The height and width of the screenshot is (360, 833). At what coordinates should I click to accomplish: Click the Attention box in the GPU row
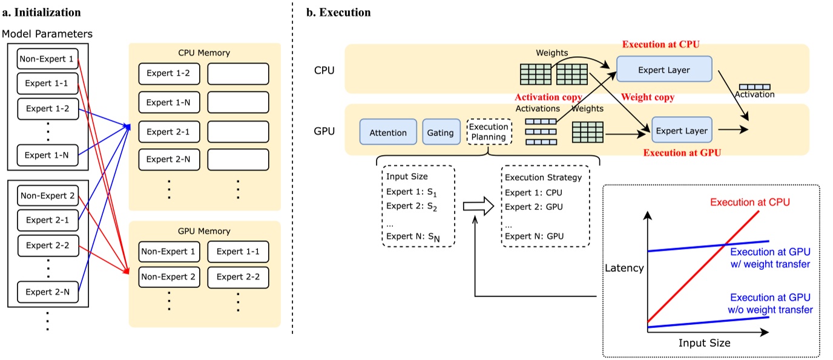387,133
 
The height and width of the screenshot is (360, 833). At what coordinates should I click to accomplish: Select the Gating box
440,133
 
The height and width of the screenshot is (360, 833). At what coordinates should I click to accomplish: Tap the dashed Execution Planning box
489,132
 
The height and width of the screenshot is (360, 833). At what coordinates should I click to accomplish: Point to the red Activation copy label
548,97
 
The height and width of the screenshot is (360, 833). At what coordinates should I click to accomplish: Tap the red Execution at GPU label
682,153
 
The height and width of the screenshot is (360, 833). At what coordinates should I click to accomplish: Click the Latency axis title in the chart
624,268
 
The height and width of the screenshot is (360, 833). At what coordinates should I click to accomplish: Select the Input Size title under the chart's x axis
704,343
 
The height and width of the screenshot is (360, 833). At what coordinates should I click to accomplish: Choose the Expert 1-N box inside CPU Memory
168,103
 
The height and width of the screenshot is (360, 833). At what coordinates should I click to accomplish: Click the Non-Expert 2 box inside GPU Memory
168,277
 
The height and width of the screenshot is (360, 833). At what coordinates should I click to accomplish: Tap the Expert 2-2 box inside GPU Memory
238,277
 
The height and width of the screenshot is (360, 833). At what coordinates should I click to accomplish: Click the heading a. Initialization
42,11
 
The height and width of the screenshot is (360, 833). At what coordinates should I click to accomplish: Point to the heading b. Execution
338,11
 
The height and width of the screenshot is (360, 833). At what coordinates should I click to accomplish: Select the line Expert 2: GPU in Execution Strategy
534,207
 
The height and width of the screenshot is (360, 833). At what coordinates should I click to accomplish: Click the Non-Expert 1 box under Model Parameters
48,59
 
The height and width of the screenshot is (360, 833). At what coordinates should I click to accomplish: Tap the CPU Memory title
204,53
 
